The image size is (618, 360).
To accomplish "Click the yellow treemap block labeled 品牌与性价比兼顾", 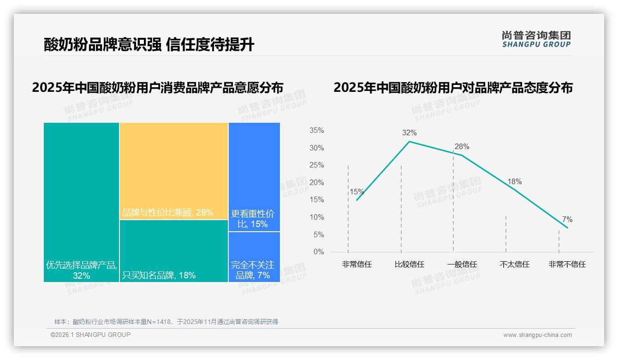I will (x=174, y=171).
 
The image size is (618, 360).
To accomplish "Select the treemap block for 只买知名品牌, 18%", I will (x=174, y=251).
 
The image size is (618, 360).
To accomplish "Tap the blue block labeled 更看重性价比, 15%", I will (x=254, y=177).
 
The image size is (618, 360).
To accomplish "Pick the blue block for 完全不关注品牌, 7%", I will (x=254, y=257).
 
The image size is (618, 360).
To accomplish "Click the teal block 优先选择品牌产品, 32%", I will (x=82, y=202).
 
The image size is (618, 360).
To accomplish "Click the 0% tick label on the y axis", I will (x=319, y=252).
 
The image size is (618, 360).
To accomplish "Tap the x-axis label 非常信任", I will (x=357, y=264).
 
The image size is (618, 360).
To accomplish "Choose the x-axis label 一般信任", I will (x=462, y=264).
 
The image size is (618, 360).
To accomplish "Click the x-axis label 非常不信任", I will (x=567, y=264).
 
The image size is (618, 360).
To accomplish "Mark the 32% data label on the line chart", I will (x=409, y=133).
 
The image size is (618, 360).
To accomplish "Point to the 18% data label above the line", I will (x=514, y=182).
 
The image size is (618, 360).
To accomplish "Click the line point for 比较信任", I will (x=410, y=141).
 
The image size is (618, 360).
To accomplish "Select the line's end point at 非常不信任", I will (x=567, y=228).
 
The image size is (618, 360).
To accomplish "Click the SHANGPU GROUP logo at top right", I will (x=536, y=39).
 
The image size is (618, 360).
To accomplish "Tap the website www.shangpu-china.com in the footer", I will (x=537, y=335).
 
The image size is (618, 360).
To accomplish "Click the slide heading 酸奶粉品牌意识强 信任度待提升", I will (x=149, y=44).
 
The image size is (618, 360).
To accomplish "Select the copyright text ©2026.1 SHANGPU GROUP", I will (x=90, y=335).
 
